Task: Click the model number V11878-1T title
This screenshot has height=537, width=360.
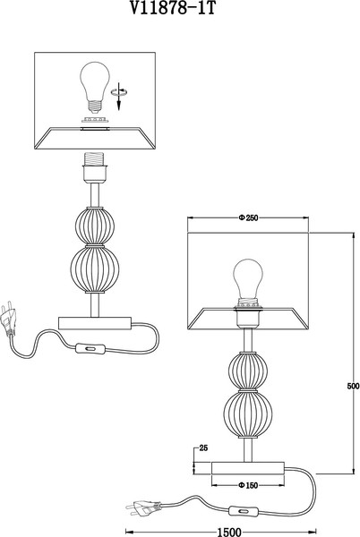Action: tap(173, 7)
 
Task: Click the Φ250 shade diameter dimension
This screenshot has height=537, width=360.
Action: tap(248, 217)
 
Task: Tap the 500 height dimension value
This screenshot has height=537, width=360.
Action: tap(353, 386)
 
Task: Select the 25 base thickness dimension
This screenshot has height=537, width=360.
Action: tap(203, 448)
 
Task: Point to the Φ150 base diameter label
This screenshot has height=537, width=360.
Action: tap(248, 485)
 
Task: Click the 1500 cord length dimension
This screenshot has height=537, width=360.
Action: tap(229, 532)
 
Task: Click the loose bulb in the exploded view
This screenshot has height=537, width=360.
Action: tap(95, 87)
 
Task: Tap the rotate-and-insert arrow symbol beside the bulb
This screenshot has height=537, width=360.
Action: tap(119, 96)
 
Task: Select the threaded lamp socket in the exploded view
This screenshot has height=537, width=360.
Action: tap(95, 167)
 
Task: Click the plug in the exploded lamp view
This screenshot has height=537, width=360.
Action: tap(9, 318)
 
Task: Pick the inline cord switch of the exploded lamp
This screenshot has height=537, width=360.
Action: tap(90, 348)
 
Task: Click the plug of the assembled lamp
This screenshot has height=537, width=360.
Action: tap(143, 507)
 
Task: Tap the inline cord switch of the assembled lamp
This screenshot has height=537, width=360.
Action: tap(244, 511)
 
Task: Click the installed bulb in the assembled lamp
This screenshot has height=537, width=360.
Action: tap(248, 280)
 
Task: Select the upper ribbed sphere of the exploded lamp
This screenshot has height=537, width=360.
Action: tap(95, 226)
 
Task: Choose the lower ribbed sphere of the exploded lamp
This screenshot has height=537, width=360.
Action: tap(95, 269)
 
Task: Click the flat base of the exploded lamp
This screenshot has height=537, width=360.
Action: tap(95, 323)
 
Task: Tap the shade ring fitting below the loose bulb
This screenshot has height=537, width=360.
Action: tap(95, 120)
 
